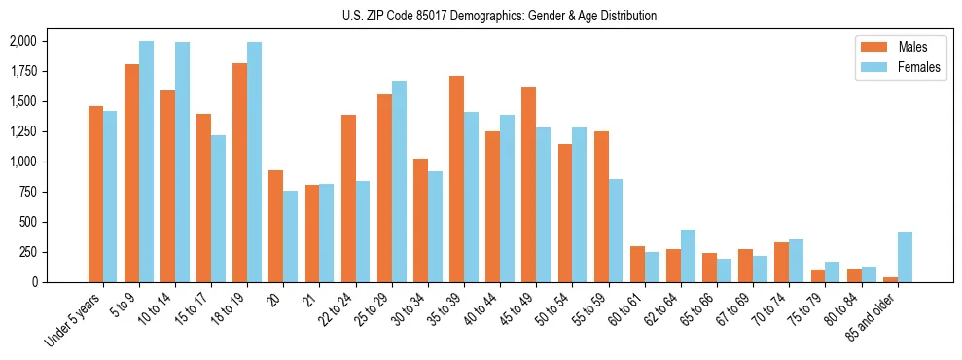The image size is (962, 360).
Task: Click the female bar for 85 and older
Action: [905, 257]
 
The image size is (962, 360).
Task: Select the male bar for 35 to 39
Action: [456, 179]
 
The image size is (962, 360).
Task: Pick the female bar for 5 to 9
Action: [146, 162]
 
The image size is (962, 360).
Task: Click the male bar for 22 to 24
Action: [348, 198]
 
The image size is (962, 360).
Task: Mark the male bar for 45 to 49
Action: [528, 184]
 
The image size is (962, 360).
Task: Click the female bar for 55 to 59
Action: [616, 231]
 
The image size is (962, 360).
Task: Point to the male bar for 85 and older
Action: [890, 279]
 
